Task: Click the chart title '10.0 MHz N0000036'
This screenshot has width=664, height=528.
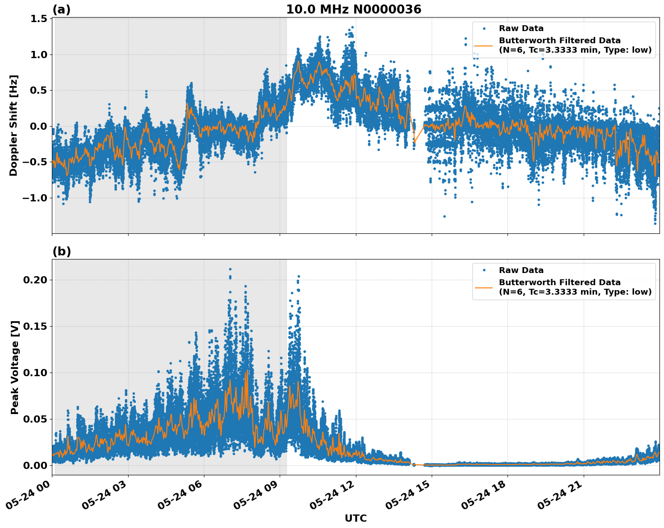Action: [353, 9]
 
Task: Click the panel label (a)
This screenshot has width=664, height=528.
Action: [61, 9]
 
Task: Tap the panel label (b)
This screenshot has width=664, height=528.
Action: [61, 251]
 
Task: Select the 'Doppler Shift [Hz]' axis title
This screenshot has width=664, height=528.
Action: [14, 125]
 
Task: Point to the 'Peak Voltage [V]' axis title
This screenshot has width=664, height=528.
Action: [15, 367]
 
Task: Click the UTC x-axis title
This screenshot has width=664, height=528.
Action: [355, 518]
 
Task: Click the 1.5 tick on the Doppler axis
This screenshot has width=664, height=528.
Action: [39, 19]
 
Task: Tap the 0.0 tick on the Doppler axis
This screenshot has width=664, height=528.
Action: [39, 127]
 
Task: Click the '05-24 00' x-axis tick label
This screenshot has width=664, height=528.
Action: [28, 496]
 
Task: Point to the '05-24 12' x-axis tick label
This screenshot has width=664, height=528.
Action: [332, 496]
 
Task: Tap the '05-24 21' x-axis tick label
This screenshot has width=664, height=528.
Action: [560, 496]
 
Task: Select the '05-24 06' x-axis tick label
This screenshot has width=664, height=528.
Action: [180, 496]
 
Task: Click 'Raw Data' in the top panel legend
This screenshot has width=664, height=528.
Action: [521, 28]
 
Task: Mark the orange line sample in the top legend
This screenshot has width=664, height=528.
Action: [484, 46]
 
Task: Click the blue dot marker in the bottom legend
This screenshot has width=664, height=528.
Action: [484, 270]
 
